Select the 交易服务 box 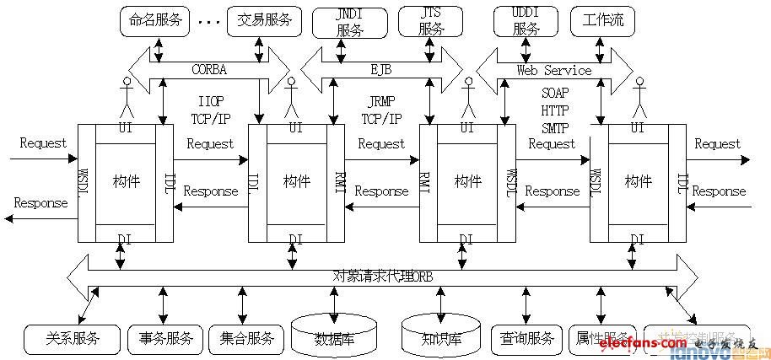point(264,21)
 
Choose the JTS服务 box point(431,22)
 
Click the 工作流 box point(603,21)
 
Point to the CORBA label point(209,70)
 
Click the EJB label point(382,70)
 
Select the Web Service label point(554,70)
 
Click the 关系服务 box point(73,339)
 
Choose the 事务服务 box point(166,339)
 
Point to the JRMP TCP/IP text point(382,110)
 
